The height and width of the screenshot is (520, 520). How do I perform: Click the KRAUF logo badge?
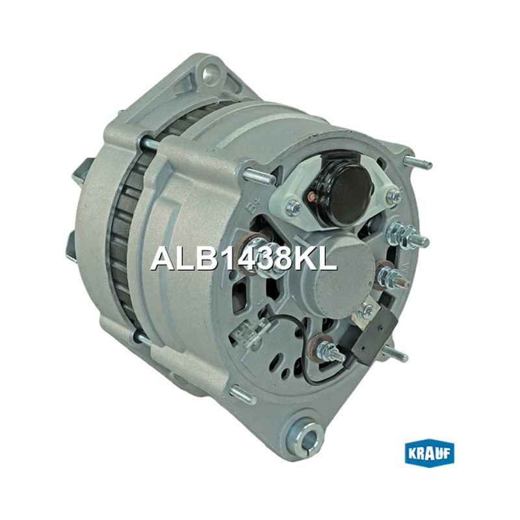coord(430,453)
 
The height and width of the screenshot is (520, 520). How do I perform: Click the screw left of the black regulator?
coord(294,208)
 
